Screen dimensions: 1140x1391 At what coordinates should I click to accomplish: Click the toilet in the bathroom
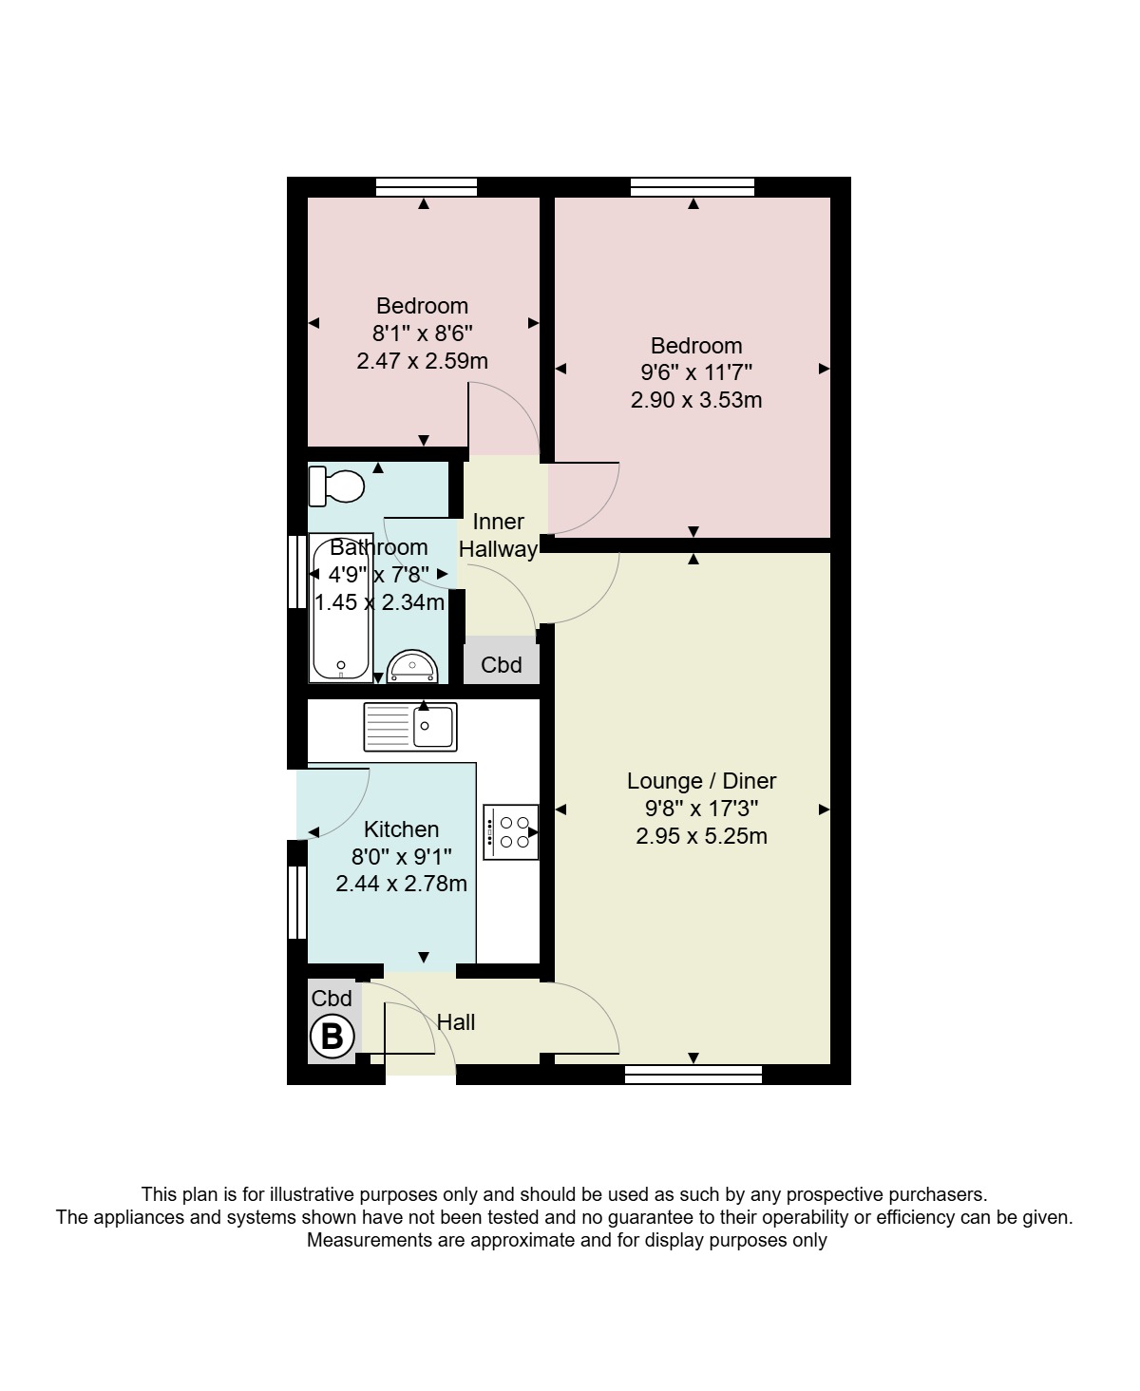point(336,486)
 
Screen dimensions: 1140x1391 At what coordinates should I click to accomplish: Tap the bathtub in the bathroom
point(341,608)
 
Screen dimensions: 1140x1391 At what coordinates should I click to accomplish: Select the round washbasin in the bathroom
point(412,666)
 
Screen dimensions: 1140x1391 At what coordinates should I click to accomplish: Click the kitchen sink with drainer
point(410,727)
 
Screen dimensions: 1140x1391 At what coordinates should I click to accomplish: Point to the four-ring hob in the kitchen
point(511,832)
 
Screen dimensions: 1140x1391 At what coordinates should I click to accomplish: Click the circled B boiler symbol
point(332,1037)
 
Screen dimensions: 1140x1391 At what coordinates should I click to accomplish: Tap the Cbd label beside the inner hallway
point(501,664)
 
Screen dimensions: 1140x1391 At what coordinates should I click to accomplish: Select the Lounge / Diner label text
point(701,780)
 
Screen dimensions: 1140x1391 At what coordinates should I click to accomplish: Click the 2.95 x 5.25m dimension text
point(701,836)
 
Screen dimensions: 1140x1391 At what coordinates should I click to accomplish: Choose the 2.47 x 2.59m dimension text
point(422,361)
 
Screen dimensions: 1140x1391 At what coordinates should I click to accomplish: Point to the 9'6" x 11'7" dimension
point(696,372)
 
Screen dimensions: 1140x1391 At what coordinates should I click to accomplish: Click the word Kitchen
point(401,829)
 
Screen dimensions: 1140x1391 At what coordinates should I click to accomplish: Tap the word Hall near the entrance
point(456,1022)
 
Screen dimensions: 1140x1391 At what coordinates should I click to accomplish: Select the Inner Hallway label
point(499,535)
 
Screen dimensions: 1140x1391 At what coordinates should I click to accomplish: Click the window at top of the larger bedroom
point(693,186)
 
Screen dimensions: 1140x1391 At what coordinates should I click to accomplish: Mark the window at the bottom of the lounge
point(693,1075)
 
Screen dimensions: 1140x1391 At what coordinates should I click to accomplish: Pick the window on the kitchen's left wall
point(297,902)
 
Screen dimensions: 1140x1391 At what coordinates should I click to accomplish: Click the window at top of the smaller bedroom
point(426,186)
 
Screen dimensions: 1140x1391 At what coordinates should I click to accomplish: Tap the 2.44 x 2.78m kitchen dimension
point(401,883)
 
